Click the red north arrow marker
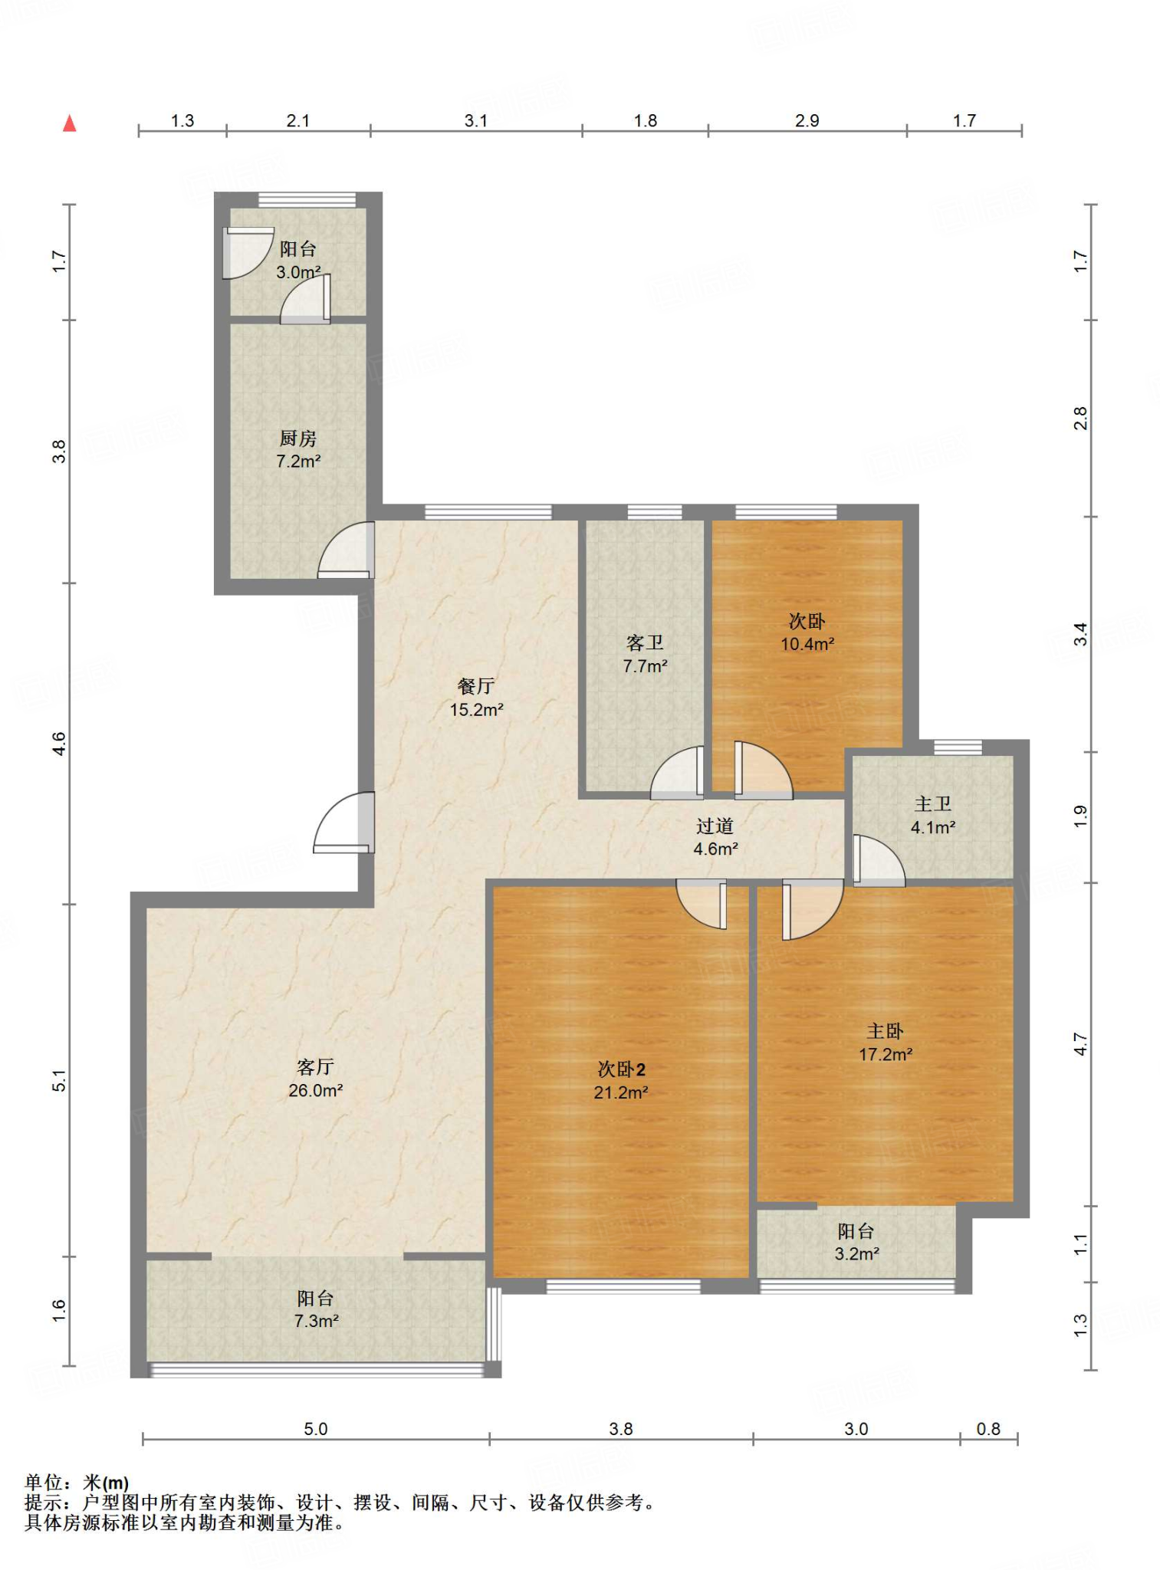click(x=69, y=123)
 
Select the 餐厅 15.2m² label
click(x=476, y=698)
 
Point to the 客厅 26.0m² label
click(x=315, y=1078)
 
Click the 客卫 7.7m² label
click(x=645, y=654)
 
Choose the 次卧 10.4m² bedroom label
click(x=807, y=632)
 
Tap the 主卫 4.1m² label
click(x=933, y=816)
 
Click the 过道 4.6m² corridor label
click(x=715, y=837)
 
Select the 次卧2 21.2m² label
click(x=621, y=1081)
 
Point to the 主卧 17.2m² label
click(x=886, y=1043)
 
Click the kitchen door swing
click(x=346, y=550)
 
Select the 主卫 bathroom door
click(x=879, y=860)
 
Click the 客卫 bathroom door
click(x=677, y=772)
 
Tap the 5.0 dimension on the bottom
click(x=316, y=1429)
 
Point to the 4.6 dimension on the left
click(x=59, y=743)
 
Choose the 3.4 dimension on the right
click(x=1080, y=634)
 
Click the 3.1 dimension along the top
click(x=476, y=120)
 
